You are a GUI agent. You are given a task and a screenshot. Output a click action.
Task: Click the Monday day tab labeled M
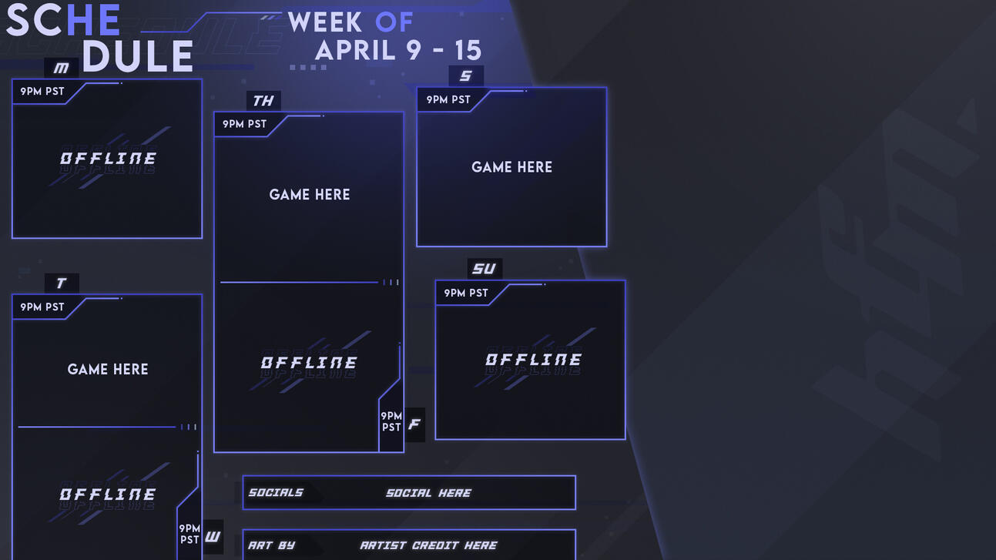pos(62,68)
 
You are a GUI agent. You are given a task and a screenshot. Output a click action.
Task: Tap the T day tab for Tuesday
pos(62,283)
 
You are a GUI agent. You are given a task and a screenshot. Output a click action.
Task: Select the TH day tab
pos(263,101)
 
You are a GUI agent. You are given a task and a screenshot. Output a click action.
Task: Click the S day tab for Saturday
pos(466,75)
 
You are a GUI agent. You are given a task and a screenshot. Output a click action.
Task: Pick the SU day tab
pos(485,268)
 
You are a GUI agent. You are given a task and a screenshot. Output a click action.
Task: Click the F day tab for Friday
pos(414,424)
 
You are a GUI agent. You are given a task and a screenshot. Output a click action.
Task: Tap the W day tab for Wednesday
pos(213,537)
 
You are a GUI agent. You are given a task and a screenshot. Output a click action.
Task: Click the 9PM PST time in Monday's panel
pos(42,92)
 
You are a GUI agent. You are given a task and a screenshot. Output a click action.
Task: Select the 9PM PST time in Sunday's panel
pos(466,293)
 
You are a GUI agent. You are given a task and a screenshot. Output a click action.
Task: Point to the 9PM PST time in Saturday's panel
pos(448,100)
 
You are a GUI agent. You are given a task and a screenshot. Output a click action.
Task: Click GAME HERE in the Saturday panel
pos(511,167)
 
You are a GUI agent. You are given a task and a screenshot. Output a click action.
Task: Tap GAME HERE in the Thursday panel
pos(310,195)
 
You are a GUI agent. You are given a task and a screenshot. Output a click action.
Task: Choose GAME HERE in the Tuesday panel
pos(108,370)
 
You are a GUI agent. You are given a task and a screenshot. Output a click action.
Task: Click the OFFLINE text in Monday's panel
pos(108,159)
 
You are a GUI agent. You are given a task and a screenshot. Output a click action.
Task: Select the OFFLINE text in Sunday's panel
pos(533,360)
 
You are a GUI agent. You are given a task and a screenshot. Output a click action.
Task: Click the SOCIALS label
pos(276,493)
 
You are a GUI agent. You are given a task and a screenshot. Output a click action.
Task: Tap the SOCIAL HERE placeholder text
pos(428,493)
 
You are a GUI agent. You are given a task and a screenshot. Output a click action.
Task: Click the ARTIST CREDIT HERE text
pos(428,545)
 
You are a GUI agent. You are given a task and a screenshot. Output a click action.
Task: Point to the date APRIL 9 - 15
pos(398,51)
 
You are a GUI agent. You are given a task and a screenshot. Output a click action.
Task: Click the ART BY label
pos(271,545)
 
